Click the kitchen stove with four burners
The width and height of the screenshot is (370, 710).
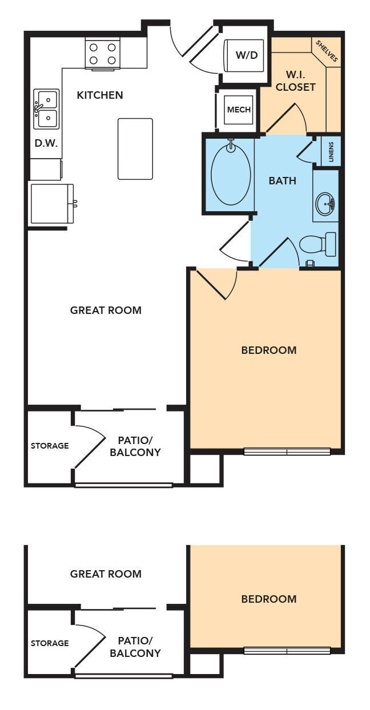tap(103, 54)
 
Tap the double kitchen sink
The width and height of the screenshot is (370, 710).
tap(46, 109)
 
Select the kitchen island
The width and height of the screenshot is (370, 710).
tap(135, 148)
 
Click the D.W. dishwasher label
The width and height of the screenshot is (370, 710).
tap(46, 143)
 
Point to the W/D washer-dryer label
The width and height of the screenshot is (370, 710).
tap(246, 55)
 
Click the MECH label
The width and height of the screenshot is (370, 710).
tap(239, 110)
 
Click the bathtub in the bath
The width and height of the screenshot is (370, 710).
tap(231, 174)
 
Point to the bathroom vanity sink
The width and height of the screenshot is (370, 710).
tap(325, 202)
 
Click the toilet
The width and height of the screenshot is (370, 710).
tap(318, 244)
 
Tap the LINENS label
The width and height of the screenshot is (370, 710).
tap(331, 152)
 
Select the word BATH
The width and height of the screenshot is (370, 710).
tap(283, 181)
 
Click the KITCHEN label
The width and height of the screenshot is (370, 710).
tap(100, 95)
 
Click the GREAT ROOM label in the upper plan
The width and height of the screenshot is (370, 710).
tap(106, 310)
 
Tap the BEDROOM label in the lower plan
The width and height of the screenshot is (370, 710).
tap(269, 599)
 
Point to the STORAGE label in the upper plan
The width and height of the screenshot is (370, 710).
tap(50, 446)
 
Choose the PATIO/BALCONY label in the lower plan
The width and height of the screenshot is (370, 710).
tap(135, 647)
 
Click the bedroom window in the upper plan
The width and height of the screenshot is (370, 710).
tap(287, 451)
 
